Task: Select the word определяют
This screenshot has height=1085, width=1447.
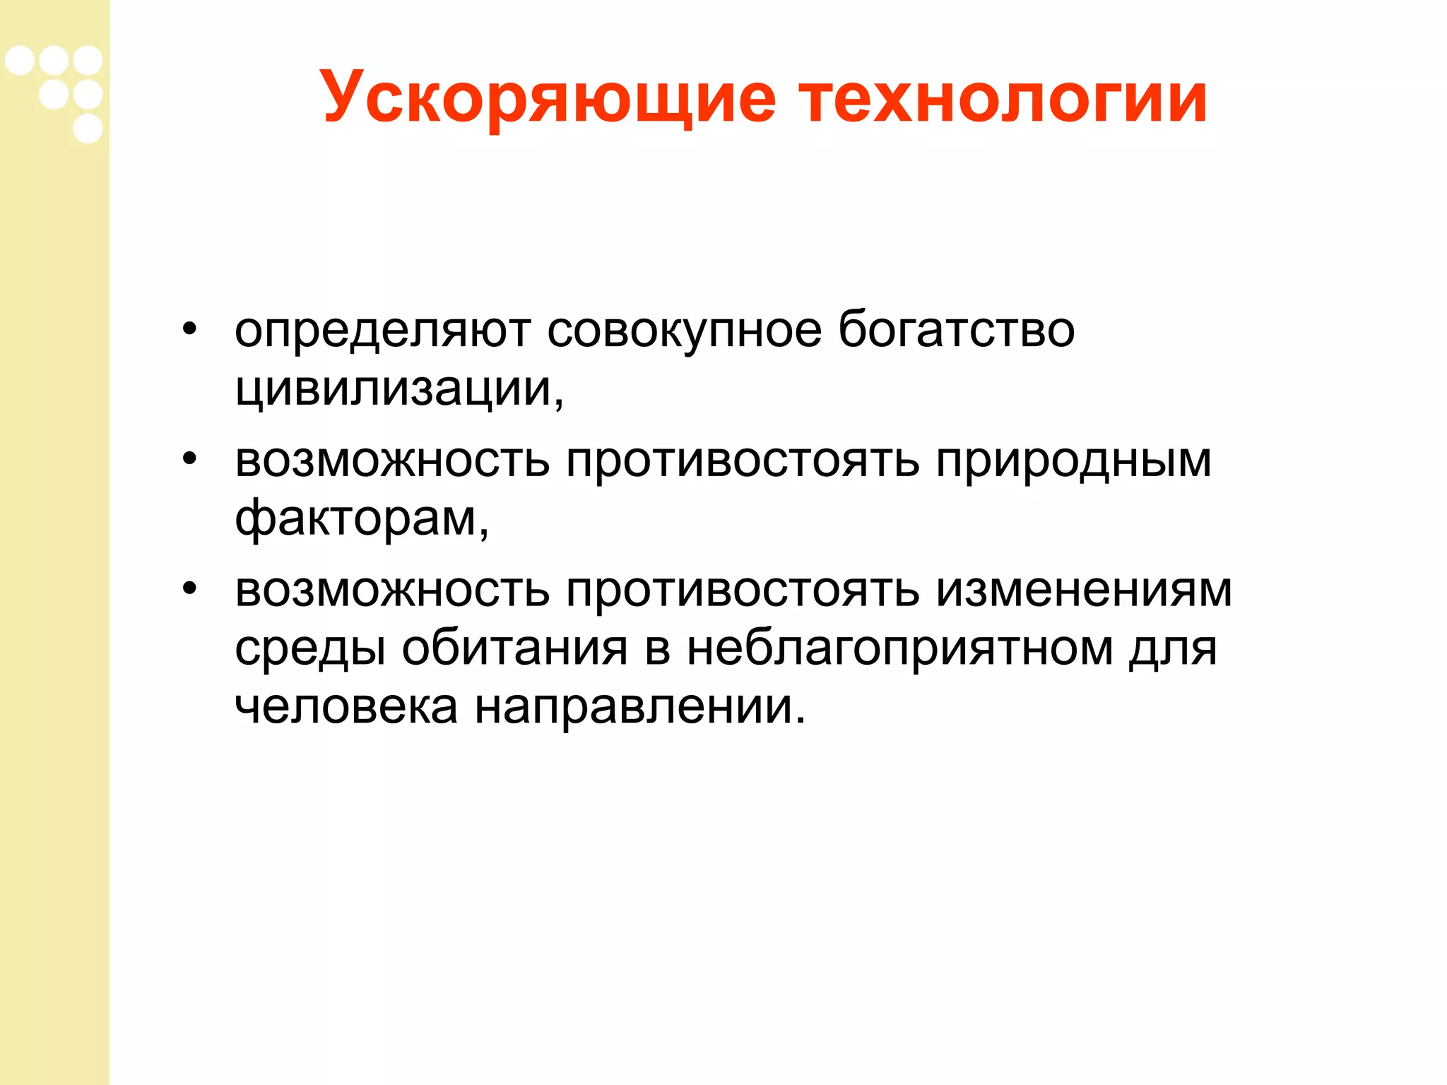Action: [382, 331]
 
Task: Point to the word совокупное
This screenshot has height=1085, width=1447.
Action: [684, 331]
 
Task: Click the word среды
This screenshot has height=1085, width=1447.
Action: [310, 649]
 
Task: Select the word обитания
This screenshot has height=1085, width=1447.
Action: [514, 648]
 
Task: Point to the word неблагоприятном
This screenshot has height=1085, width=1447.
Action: [899, 649]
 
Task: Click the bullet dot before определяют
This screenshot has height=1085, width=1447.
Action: [189, 329]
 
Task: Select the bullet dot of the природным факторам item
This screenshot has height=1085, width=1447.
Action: [189, 459]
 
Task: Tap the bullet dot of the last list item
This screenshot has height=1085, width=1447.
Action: [189, 588]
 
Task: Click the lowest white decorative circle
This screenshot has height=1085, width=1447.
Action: [88, 129]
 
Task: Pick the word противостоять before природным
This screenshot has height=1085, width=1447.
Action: [743, 461]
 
